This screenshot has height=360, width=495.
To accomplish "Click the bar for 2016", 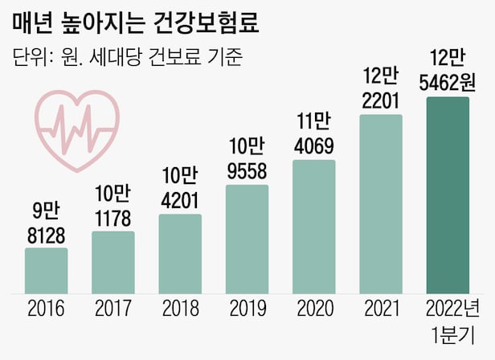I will point(46,271).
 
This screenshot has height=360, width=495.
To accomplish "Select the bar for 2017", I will point(113,263).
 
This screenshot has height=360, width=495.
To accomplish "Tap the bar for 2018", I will point(180,254).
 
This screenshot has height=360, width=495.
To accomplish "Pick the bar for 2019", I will point(247,239).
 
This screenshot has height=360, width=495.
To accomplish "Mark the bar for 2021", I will point(381,204).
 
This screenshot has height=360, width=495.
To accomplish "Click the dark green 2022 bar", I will point(448,195).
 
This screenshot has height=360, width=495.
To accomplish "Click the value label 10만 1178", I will point(113,206).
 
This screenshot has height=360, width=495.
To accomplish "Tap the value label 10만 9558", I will point(247,159).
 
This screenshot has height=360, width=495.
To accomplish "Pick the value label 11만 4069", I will point(313,134).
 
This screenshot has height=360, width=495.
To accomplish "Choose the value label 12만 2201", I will point(381,89).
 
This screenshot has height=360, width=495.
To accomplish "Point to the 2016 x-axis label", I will point(46,309).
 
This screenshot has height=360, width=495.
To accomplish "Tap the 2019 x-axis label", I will point(247,309).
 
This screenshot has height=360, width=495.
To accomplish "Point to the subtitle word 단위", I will point(31,58).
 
